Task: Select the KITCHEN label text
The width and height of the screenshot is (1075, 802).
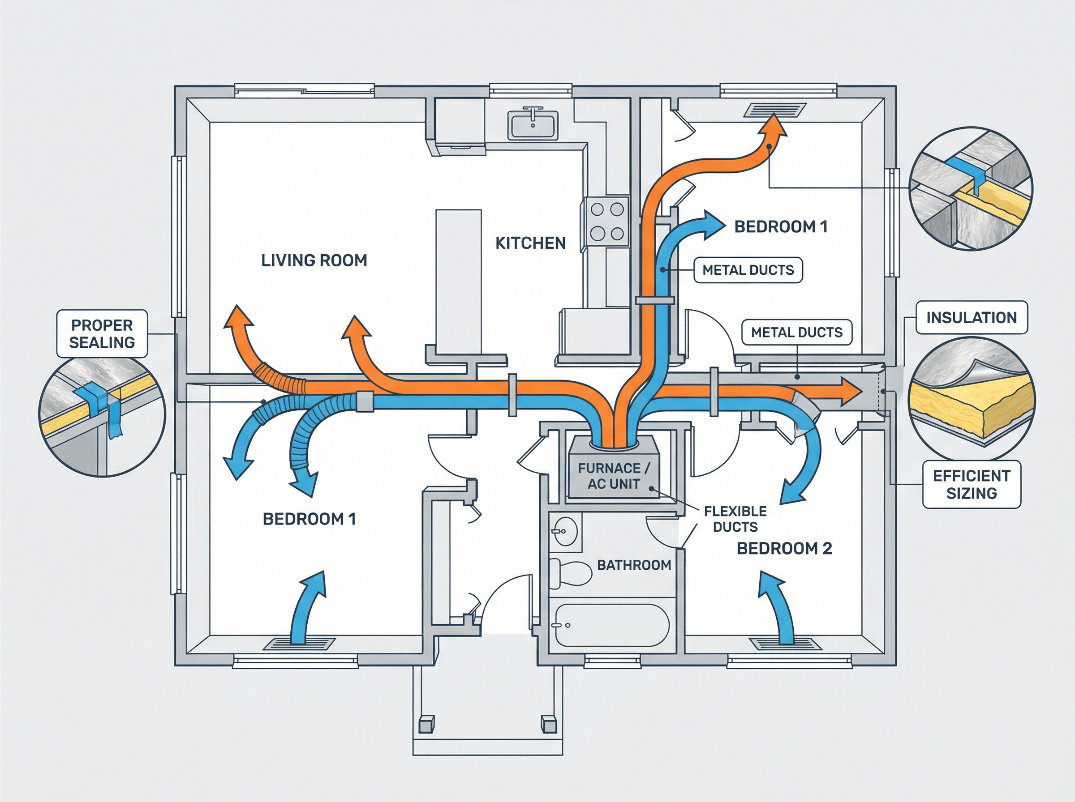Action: point(530,243)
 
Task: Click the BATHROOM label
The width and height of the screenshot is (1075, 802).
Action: point(633,565)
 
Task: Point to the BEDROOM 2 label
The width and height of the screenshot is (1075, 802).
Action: point(784,549)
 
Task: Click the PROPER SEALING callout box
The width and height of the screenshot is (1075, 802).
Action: point(102,334)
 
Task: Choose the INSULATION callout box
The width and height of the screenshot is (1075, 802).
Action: point(971,317)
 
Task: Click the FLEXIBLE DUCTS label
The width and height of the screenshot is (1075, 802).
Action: point(735,519)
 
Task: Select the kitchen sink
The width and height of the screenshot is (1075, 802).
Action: point(533,125)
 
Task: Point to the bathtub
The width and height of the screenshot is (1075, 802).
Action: point(611,625)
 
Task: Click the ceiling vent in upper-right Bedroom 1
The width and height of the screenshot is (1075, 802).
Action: point(774,110)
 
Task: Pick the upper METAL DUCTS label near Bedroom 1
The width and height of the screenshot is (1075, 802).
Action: point(748,270)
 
